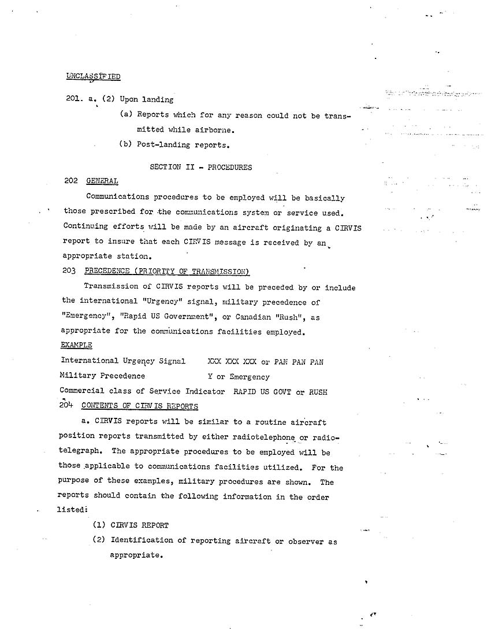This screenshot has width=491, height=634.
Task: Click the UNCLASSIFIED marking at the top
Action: pos(93,76)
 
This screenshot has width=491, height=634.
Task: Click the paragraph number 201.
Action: pos(75,99)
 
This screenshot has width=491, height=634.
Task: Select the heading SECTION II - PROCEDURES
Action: pos(200,167)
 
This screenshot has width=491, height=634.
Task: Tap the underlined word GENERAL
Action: pos(102,181)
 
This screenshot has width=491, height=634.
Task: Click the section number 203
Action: pos(69,271)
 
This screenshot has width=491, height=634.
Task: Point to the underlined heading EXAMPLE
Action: pos(76,346)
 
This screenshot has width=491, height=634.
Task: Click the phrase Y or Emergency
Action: pos(239,377)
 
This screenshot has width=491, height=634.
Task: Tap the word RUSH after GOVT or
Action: pos(318,392)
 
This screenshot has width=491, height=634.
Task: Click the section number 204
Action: pos(66,406)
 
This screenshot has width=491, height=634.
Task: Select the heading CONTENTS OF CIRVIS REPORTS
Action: pos(140,406)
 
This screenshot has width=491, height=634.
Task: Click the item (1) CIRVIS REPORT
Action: pos(131,525)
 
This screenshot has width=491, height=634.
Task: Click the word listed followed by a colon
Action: pos(71,510)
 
